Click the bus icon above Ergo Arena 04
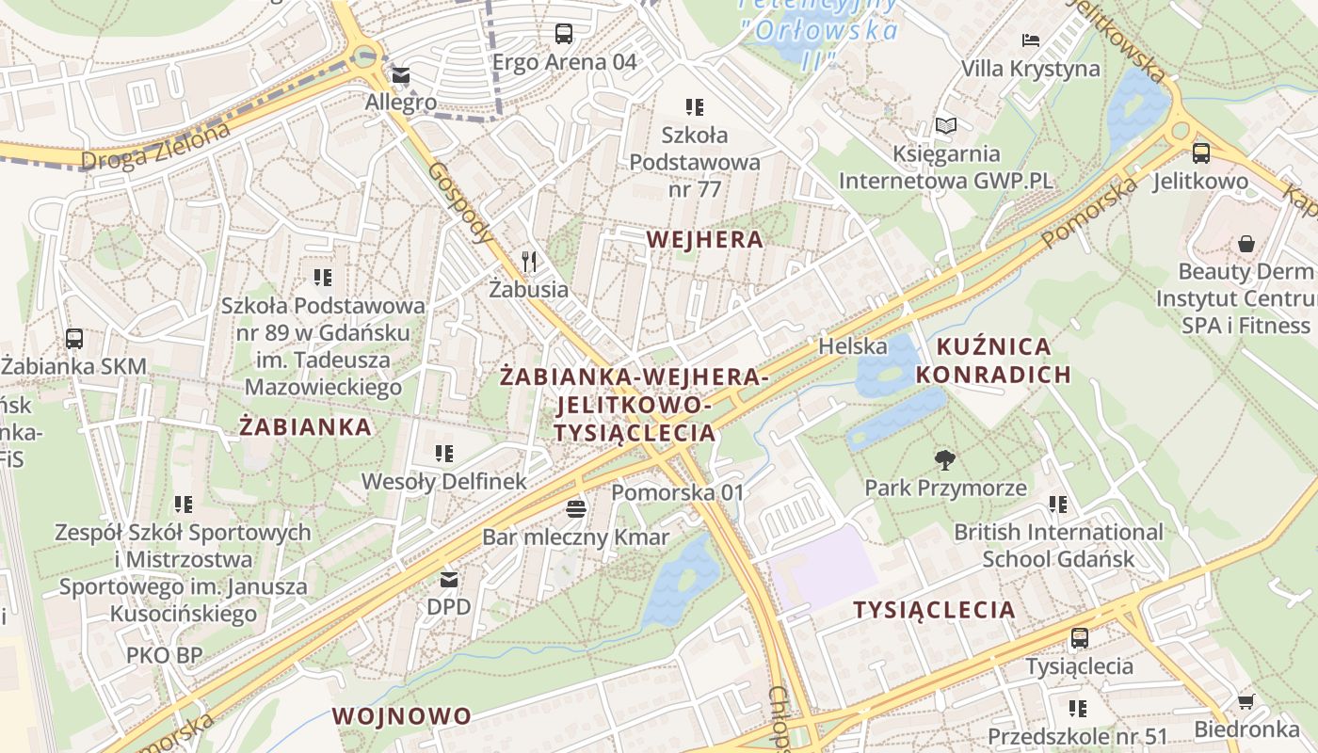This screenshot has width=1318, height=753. (x=563, y=34)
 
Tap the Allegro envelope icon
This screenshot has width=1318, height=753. (x=401, y=75)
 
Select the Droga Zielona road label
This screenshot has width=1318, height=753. (x=155, y=147)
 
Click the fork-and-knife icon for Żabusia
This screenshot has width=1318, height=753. (x=529, y=262)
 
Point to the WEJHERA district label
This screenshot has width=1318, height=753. (x=705, y=239)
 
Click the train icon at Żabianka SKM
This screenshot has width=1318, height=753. (x=74, y=339)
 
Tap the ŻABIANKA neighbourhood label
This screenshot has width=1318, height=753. (x=305, y=426)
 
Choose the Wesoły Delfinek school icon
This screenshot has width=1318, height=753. (x=444, y=455)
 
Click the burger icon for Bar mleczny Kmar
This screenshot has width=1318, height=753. (x=576, y=509)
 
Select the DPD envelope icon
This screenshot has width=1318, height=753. (x=448, y=579)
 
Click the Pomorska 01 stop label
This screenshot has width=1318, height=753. (x=677, y=492)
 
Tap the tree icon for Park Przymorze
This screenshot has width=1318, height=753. (x=945, y=459)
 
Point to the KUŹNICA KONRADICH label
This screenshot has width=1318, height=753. (x=993, y=360)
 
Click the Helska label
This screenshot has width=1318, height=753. (x=852, y=345)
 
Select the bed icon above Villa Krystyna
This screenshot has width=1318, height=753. (x=1031, y=40)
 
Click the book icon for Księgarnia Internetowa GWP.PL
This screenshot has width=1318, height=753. (x=945, y=125)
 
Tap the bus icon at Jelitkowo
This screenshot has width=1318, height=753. (x=1200, y=152)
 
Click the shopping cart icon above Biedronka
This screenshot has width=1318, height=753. (x=1246, y=701)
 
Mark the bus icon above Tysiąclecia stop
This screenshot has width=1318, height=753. (x=1079, y=638)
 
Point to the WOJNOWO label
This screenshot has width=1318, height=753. (x=401, y=715)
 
